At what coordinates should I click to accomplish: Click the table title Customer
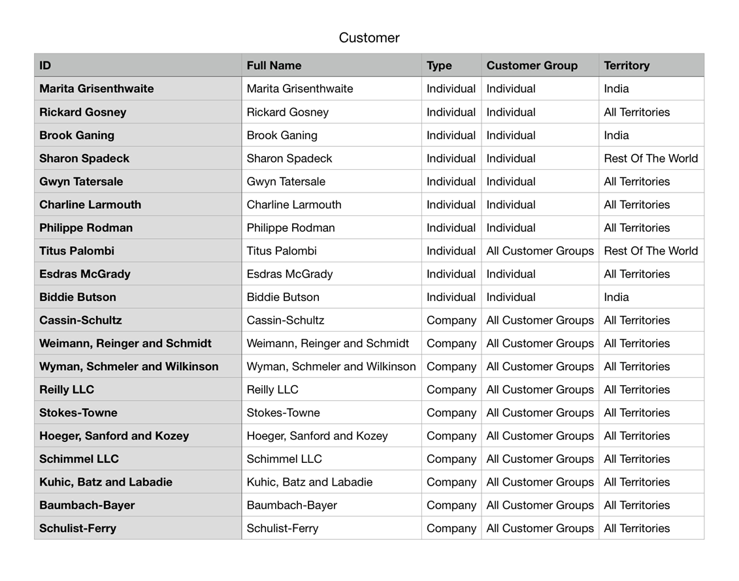pos(369,38)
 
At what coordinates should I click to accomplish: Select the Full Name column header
pos(274,65)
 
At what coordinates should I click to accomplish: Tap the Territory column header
pos(627,65)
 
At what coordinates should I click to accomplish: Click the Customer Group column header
pos(532,65)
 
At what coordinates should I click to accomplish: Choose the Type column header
pos(439,65)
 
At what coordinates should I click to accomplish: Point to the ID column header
pos(45,65)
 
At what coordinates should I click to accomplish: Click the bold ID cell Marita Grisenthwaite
pos(97,89)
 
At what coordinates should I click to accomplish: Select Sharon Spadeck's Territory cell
pos(651,159)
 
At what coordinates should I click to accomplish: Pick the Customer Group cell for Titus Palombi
pos(540,251)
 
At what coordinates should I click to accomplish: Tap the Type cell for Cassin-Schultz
pos(452,321)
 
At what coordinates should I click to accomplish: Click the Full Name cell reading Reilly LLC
pos(272,390)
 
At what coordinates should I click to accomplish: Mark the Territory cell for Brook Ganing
pos(616,135)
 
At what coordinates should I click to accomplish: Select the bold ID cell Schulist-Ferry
pos(78,528)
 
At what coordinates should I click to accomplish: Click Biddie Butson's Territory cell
pos(616,297)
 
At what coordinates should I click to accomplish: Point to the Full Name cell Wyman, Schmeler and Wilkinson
pos(331,366)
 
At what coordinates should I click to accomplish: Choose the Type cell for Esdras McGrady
pos(451,274)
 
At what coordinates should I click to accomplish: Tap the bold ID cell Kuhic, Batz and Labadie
pos(106,482)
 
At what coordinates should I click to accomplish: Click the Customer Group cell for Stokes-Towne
pos(540,413)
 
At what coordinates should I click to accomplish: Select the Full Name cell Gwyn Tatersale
pos(286,181)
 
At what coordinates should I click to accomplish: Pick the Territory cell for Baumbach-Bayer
pos(636,505)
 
